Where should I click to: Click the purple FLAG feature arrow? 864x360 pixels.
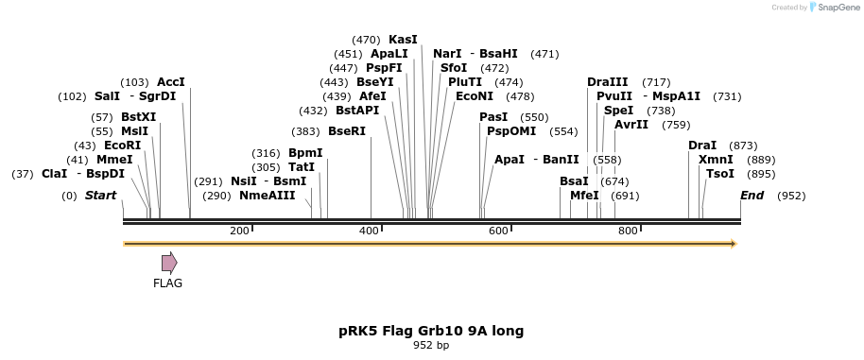[x=169, y=263]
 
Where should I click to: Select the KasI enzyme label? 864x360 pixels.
[x=403, y=40]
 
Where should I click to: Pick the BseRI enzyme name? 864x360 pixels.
[x=347, y=131]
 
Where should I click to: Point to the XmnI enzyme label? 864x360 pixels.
[x=716, y=160]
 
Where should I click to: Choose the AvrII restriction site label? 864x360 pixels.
[x=631, y=125]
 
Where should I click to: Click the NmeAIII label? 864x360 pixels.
[x=267, y=196]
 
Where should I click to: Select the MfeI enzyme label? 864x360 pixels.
[x=584, y=196]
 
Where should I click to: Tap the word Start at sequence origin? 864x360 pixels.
[x=101, y=196]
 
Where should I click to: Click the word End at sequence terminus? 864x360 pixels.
[x=752, y=196]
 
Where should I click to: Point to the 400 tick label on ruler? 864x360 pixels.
[x=370, y=231]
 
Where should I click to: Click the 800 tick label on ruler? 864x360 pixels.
[x=628, y=231]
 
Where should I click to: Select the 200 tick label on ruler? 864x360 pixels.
[x=240, y=231]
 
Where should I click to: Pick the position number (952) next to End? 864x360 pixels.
[x=791, y=196]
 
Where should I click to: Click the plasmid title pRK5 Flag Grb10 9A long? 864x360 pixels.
[x=431, y=331]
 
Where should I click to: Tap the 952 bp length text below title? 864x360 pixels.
[x=431, y=346]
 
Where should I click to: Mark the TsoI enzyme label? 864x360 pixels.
[x=720, y=174]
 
